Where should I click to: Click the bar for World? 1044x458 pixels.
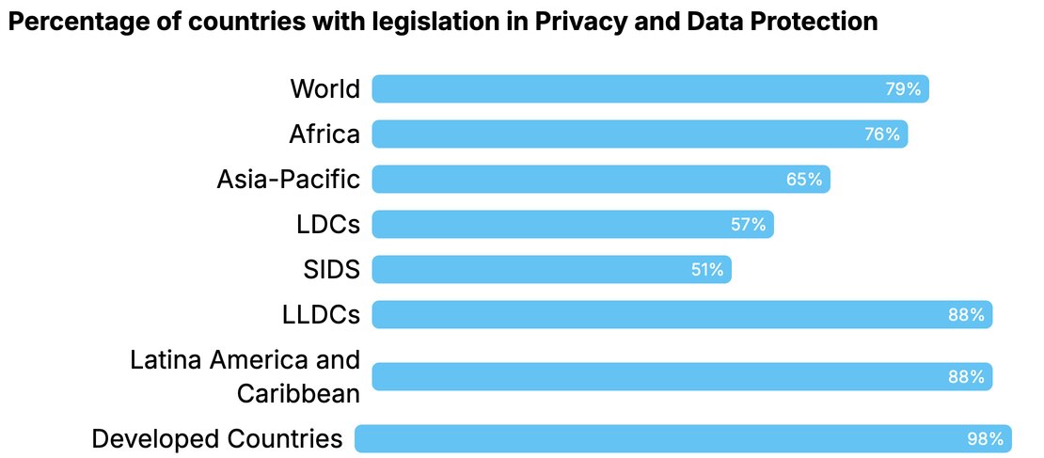[x=649, y=89]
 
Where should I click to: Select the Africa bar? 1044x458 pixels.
[x=640, y=134]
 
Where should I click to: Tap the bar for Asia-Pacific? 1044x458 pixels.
[x=600, y=179]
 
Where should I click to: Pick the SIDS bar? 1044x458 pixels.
[x=551, y=270]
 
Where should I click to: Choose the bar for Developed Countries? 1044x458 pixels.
[x=682, y=438]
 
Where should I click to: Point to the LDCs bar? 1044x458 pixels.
[x=572, y=225]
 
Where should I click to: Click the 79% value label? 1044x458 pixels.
[x=903, y=89]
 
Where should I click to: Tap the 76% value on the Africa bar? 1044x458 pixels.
[x=882, y=134]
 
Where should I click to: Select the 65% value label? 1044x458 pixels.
[x=804, y=179]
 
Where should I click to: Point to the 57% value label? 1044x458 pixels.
[x=749, y=225]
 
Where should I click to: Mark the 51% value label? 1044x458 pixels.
[x=705, y=270]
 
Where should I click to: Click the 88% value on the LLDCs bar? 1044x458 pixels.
[x=966, y=315]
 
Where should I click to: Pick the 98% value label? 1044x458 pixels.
[x=985, y=438]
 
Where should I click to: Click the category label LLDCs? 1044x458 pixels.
[x=321, y=315]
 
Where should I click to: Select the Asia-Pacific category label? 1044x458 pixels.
[x=288, y=179]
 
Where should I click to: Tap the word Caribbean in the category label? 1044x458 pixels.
[x=298, y=393]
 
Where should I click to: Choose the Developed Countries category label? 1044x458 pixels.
[x=216, y=438]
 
